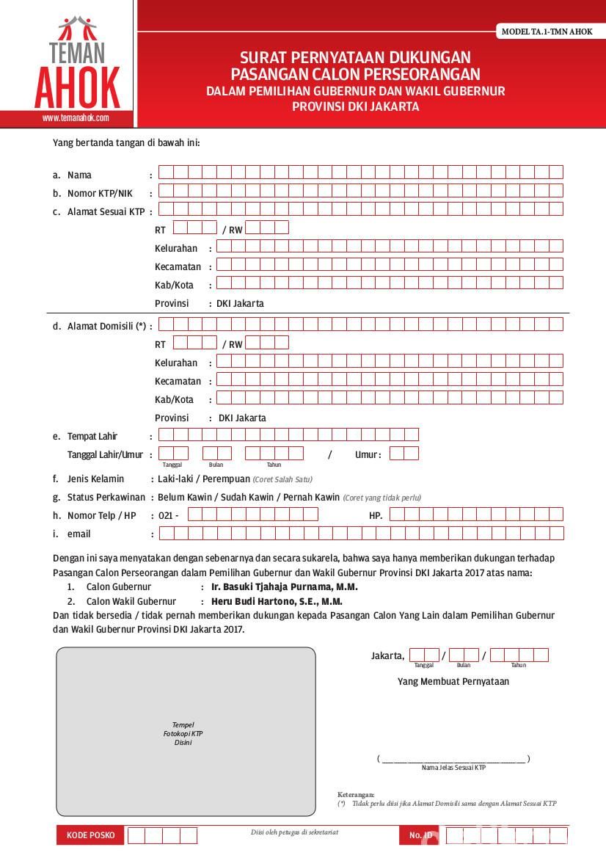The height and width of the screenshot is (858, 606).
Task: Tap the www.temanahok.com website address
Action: coord(76,117)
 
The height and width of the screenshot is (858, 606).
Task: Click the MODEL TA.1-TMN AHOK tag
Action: coord(547,32)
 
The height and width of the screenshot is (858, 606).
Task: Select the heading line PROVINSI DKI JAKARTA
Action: coord(355,106)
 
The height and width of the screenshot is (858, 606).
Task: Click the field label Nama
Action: coord(79,175)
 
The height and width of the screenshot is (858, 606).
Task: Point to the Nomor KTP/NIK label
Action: coord(100,193)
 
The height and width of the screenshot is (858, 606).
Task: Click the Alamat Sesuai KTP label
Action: coord(106,211)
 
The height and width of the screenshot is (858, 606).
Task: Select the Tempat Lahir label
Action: coord(92,436)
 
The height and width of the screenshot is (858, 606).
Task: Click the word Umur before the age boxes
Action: coord(366,454)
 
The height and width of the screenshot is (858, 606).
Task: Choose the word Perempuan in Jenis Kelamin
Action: coord(228,479)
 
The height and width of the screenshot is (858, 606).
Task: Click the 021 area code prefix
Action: coord(166,515)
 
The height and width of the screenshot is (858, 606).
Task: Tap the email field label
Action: coord(79,534)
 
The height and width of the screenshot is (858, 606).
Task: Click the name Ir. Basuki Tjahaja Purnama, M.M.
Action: coord(285,587)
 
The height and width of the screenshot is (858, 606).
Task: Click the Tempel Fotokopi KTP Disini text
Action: coord(183,733)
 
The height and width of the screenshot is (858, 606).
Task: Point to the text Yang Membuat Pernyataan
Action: coord(453,681)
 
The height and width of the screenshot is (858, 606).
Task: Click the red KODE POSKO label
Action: coord(91,835)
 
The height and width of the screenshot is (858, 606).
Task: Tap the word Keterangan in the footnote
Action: coord(356,794)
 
